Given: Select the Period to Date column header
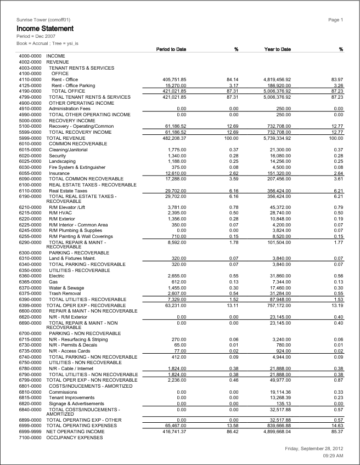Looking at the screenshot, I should coord(171,49).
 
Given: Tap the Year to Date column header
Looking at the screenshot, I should coord(278,49).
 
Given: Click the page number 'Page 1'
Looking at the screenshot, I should coord(335,20).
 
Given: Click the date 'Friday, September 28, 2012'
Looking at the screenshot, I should coord(314,449).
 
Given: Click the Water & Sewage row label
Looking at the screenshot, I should coord(66,288).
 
